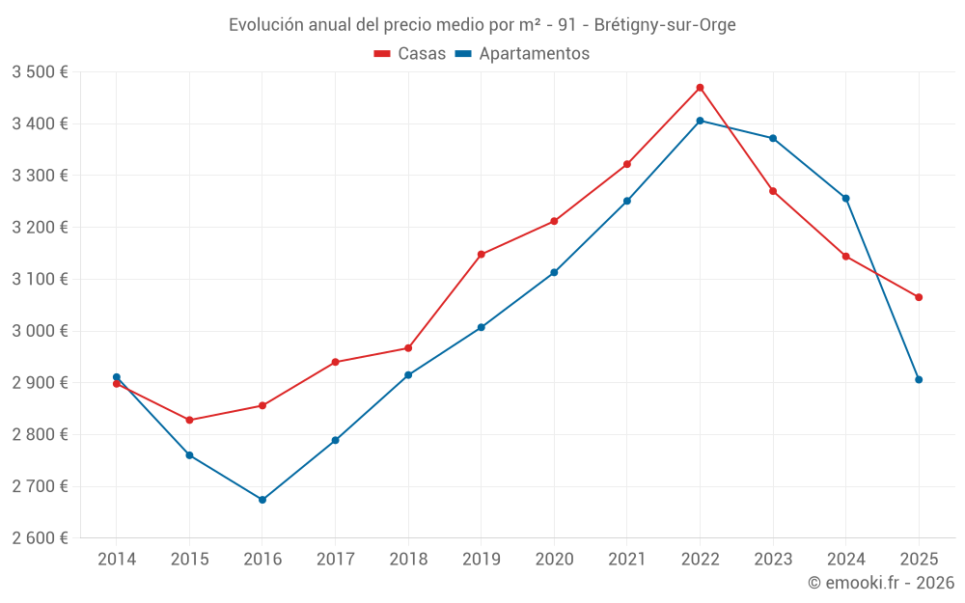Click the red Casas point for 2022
coord(700,88)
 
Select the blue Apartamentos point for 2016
coord(262,500)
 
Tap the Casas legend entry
coord(410,54)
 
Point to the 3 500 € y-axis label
coord(40,72)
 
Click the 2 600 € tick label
coord(40,538)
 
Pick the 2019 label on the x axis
coord(481,560)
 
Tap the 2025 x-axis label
coord(919,560)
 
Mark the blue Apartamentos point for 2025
coord(919,380)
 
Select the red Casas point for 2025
coord(919,297)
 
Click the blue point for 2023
coord(773,138)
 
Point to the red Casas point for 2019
coord(481,255)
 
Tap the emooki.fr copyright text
coord(881,583)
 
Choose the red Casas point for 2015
coord(189,420)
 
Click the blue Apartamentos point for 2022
coord(700,121)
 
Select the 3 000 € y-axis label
coord(40,331)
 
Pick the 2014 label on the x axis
coord(117,560)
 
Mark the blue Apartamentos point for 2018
coord(408,375)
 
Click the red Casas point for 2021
coord(627,164)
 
